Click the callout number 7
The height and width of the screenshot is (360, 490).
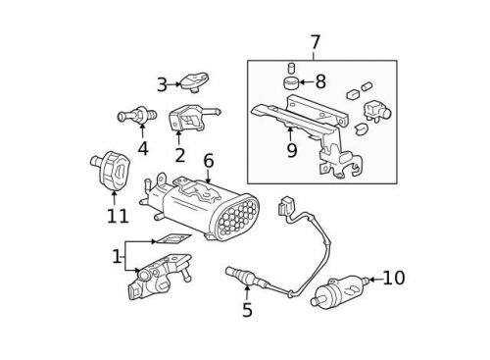click(x=315, y=42)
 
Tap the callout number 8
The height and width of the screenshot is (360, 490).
click(x=319, y=83)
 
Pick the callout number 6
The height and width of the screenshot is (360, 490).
click(x=208, y=160)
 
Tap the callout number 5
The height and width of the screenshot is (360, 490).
click(x=247, y=311)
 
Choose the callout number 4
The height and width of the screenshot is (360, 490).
click(x=143, y=149)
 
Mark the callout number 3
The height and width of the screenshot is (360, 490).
click(x=162, y=85)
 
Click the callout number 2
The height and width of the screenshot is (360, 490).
click(x=179, y=155)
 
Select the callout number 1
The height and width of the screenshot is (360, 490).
click(x=117, y=257)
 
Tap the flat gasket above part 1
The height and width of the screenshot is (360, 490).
click(x=172, y=239)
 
